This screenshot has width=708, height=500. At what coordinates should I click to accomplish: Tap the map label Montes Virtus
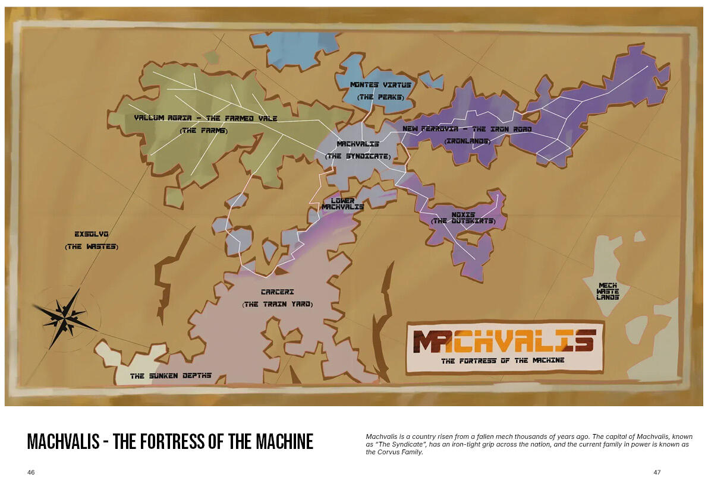(x=380, y=85)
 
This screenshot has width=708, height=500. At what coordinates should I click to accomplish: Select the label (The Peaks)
(x=380, y=97)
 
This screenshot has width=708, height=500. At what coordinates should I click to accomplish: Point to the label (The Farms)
(x=204, y=131)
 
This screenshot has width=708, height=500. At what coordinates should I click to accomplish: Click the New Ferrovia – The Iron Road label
(x=467, y=129)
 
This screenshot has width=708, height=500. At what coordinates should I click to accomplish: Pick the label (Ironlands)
(x=467, y=141)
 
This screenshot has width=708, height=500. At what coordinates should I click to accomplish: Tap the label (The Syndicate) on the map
(x=358, y=156)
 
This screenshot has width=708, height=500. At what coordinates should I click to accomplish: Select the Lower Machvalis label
(x=342, y=204)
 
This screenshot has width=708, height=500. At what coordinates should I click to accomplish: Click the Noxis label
(x=463, y=214)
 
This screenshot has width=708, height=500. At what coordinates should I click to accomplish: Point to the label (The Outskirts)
(x=463, y=221)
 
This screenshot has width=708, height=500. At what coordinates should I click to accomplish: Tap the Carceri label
(x=277, y=292)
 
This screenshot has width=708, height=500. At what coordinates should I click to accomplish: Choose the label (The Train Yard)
(x=277, y=304)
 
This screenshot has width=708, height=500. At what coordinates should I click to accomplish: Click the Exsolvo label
(x=92, y=234)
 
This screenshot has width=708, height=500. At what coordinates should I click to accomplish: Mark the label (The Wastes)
(x=92, y=246)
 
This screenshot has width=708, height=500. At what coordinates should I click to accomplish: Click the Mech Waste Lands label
(x=608, y=291)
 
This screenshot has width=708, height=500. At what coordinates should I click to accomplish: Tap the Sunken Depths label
(x=171, y=376)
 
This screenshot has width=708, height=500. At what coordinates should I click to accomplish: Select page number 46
(x=31, y=473)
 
